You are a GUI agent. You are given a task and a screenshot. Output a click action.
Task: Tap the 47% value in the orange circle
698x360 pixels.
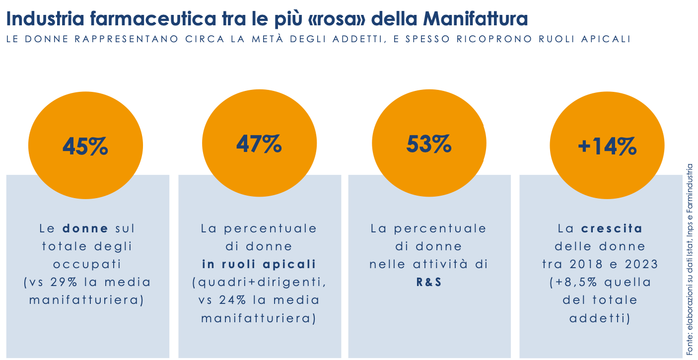click(x=259, y=144)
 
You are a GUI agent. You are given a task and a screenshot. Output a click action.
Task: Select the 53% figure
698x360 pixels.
click(x=429, y=144)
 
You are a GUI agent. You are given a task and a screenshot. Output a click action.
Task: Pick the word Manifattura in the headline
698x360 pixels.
click(x=476, y=19)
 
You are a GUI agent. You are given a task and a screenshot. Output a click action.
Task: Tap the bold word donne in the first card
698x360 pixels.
click(x=85, y=228)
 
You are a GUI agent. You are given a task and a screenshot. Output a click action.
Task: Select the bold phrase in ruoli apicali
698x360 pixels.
click(x=259, y=264)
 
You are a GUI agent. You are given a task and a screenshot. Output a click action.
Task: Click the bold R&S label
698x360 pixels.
click(x=429, y=282)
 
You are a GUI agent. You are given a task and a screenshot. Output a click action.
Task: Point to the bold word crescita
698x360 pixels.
click(x=612, y=228)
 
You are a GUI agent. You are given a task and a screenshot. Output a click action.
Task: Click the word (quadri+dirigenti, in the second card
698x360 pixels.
click(x=259, y=282)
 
